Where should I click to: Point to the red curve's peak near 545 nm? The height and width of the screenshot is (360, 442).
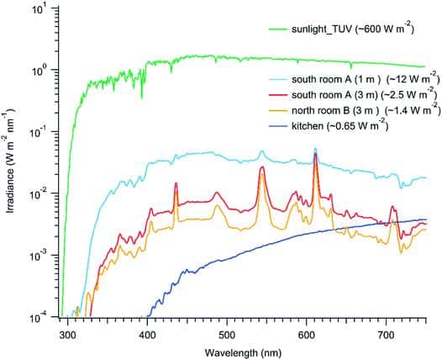[x=262, y=167]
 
